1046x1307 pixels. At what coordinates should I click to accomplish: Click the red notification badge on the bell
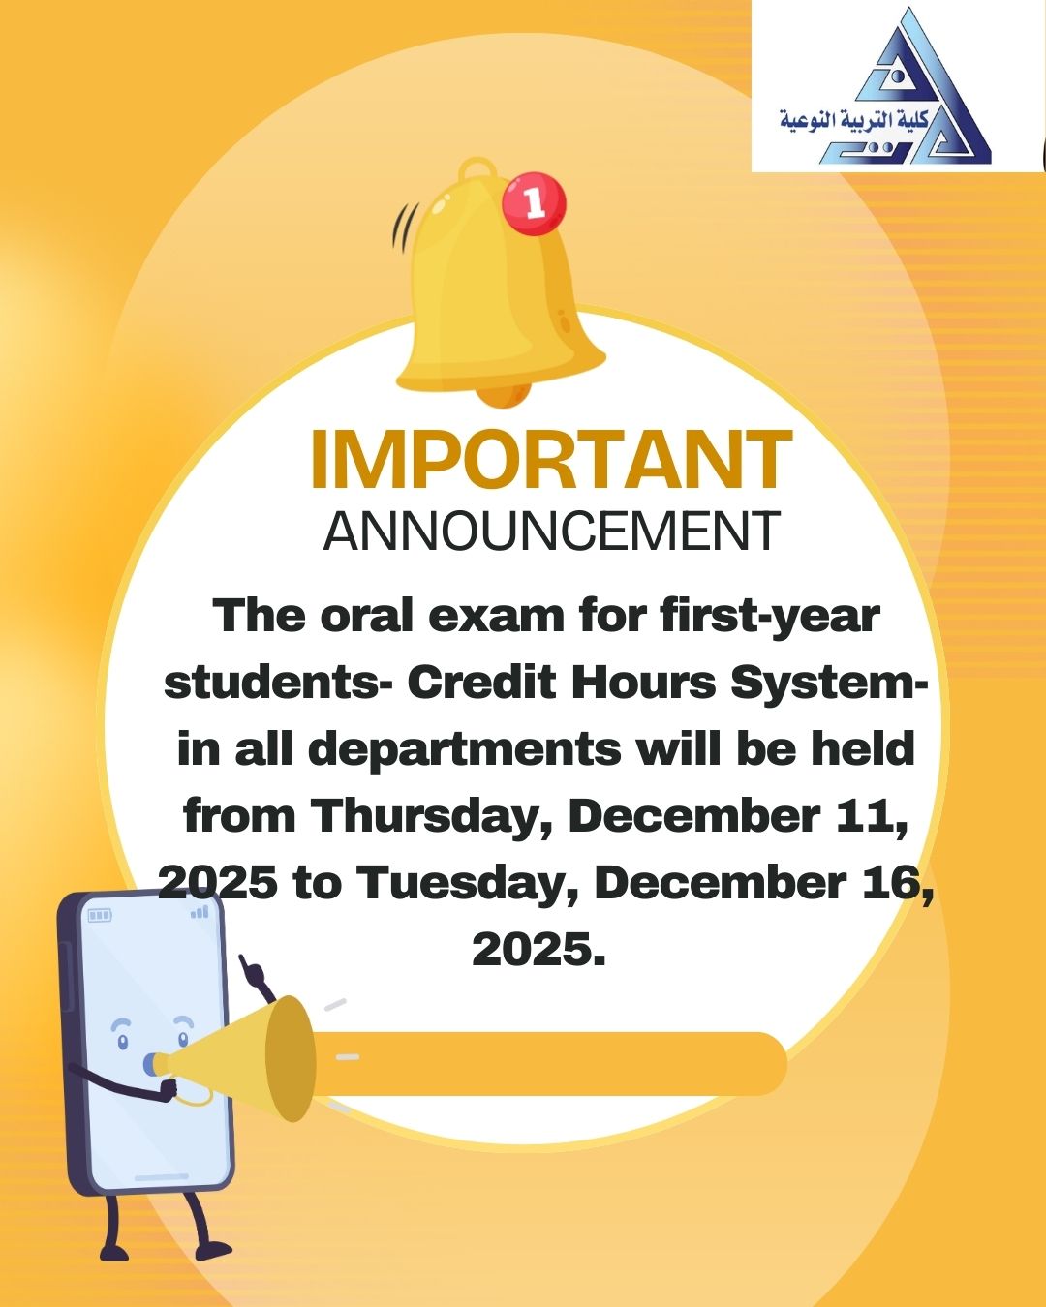(535, 204)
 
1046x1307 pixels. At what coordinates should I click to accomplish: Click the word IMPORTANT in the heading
(551, 459)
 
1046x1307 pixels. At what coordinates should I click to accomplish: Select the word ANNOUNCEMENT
(551, 531)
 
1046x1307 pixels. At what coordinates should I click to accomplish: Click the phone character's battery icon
(100, 916)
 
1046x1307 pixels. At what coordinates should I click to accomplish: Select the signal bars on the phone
(200, 912)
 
